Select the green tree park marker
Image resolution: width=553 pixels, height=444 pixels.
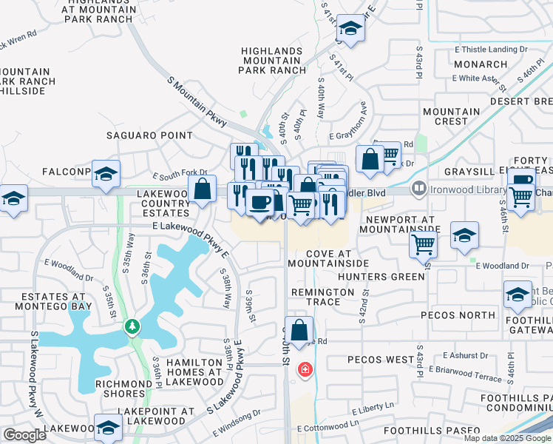[x=132, y=326]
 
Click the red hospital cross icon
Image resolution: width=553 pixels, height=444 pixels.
[x=303, y=369]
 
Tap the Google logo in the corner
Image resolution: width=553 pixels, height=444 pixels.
[x=24, y=434]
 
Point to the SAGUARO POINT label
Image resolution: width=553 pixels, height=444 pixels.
[x=149, y=135]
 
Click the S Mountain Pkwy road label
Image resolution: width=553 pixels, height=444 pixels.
[x=195, y=101]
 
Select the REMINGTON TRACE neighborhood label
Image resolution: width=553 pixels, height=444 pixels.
[x=322, y=297]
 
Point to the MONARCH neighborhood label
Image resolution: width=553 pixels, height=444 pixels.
[x=481, y=64]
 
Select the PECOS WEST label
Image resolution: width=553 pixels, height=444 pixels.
[x=381, y=360]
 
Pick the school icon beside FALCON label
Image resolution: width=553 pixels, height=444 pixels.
[x=106, y=174]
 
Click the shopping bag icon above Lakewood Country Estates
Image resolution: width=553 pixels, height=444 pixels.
[x=203, y=189]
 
